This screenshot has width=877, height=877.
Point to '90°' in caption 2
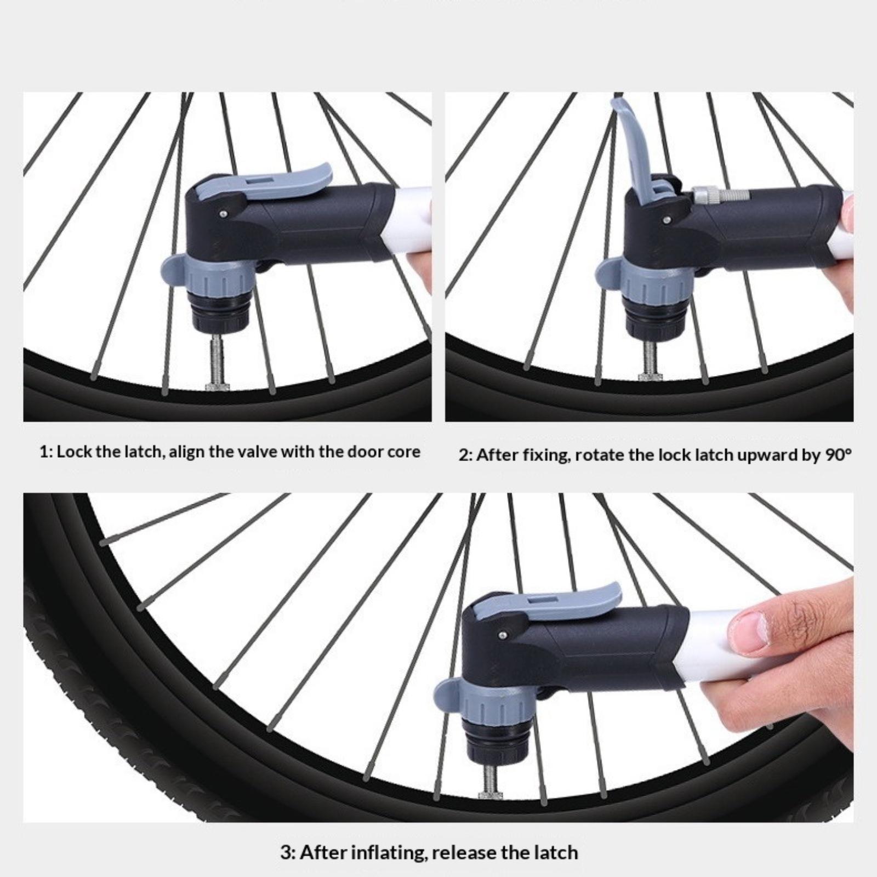click(x=837, y=455)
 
